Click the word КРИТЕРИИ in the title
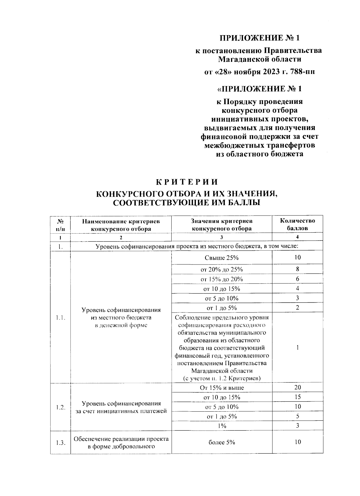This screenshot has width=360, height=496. click(x=186, y=182)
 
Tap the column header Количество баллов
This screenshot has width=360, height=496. click(x=297, y=224)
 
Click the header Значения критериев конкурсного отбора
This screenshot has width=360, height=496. click(x=222, y=225)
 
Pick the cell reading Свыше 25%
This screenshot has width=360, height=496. click(x=222, y=258)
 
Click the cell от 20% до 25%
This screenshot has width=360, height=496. click(x=222, y=269)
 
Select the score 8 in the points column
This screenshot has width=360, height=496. click(x=297, y=269)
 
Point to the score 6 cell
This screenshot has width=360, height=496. click(x=297, y=279)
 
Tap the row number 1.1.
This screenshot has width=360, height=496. click(x=61, y=318)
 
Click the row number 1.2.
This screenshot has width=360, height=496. click(x=61, y=407)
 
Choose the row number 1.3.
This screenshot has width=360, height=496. click(x=61, y=442)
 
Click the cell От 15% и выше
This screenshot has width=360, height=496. click(x=222, y=388)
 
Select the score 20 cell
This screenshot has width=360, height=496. click(x=297, y=387)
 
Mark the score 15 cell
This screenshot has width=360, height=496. click(x=297, y=397)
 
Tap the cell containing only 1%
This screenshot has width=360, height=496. click(x=222, y=426)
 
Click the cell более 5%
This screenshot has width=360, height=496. click(x=222, y=442)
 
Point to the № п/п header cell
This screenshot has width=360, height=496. click(x=61, y=225)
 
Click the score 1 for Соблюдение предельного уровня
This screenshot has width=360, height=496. click(x=297, y=348)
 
